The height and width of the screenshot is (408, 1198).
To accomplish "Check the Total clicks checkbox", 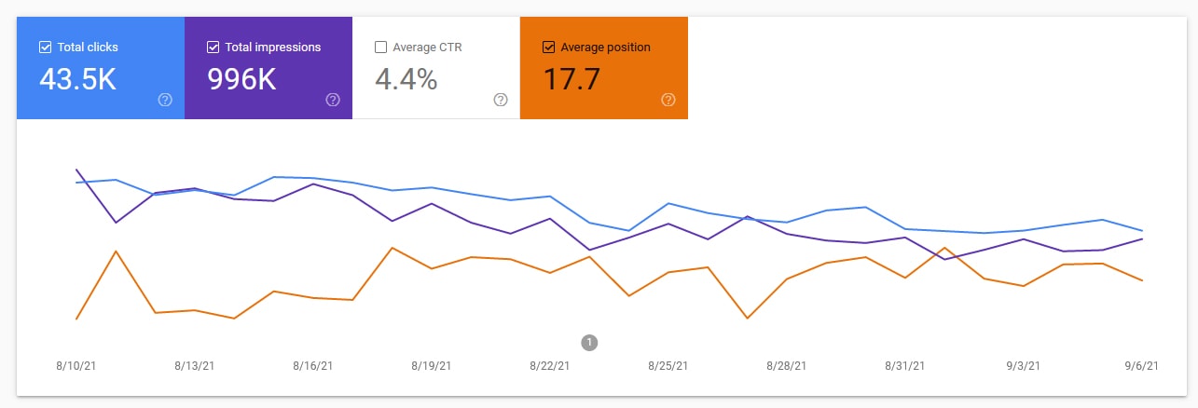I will (x=45, y=48).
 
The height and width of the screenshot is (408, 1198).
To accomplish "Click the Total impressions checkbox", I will (x=213, y=48).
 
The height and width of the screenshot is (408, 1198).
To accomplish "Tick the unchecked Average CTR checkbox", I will (x=380, y=48).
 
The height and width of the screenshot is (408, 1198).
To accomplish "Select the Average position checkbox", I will (x=548, y=48).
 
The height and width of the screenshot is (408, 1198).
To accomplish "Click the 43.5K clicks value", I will (x=77, y=80).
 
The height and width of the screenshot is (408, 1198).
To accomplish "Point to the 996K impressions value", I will (x=241, y=80).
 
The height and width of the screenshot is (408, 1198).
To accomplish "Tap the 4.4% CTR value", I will (x=406, y=80).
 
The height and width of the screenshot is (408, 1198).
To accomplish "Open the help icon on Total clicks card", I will (x=165, y=100).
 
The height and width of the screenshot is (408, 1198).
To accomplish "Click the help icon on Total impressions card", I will (x=333, y=100).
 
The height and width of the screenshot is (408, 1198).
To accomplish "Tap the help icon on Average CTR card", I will (x=501, y=100).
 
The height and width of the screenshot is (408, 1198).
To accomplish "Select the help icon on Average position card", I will (x=668, y=100).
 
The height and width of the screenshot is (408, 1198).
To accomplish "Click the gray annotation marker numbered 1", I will (x=589, y=342).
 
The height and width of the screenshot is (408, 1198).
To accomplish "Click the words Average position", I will (x=605, y=48).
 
